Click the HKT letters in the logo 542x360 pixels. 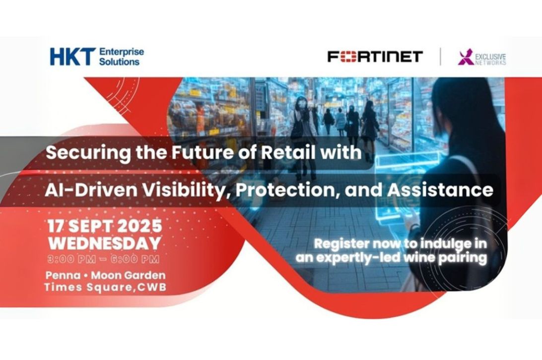pyautogui.click(x=72, y=57)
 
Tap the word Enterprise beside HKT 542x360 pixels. pyautogui.click(x=121, y=52)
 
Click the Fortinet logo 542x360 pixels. pyautogui.click(x=375, y=57)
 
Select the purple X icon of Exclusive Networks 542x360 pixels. pyautogui.click(x=466, y=57)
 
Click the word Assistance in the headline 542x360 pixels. pyautogui.click(x=440, y=190)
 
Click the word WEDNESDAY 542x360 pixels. pyautogui.click(x=105, y=243)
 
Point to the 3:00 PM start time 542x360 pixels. pyautogui.click(x=71, y=259)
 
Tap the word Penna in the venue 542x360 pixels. pyautogui.click(x=58, y=276)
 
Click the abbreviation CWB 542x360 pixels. pyautogui.click(x=152, y=288)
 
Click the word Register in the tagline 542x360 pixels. pyautogui.click(x=341, y=244)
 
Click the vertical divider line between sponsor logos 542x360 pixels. pyautogui.click(x=440, y=57)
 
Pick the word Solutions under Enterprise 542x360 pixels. pyautogui.click(x=119, y=62)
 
